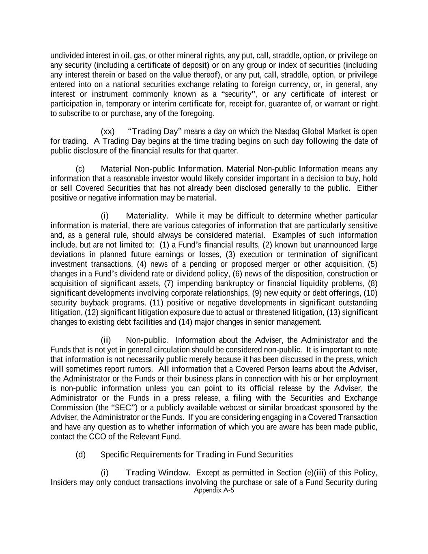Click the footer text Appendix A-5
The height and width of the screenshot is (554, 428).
click(x=214, y=490)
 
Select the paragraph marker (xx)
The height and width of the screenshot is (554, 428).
click(x=108, y=131)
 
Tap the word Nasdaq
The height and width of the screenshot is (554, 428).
click(x=287, y=131)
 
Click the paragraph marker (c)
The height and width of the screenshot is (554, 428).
click(x=80, y=169)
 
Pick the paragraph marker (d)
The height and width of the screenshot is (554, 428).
click(x=80, y=455)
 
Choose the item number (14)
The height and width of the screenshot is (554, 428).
click(x=185, y=322)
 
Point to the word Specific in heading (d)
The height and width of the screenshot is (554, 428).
click(x=114, y=455)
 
